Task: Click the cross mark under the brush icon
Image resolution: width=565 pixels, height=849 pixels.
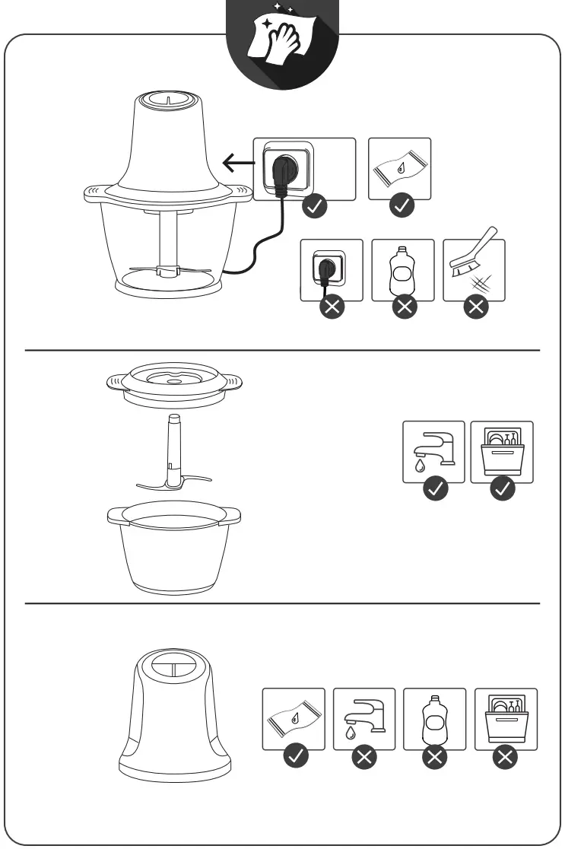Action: tap(476, 307)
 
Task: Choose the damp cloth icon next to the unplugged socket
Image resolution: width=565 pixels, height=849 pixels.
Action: tap(399, 169)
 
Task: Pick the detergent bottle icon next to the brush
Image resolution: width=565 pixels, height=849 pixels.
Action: tap(402, 270)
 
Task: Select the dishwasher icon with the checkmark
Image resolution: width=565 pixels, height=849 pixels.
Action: tap(502, 451)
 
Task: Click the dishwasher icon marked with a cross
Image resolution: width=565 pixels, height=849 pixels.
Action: tap(506, 719)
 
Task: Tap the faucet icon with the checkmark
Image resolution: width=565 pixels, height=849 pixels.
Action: tap(433, 451)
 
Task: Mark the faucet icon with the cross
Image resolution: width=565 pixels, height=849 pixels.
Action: tap(364, 719)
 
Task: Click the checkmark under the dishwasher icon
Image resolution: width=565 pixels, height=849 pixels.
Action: tap(503, 489)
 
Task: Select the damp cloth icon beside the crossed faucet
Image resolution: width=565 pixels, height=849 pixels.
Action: tap(294, 719)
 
